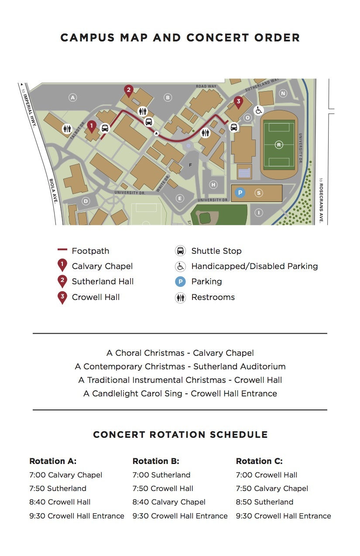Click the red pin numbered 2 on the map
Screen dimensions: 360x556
click(x=128, y=91)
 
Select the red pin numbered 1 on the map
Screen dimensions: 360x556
click(x=92, y=127)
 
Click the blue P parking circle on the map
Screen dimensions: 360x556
click(x=240, y=193)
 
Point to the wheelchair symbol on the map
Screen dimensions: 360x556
click(x=258, y=110)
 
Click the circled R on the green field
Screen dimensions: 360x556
click(x=279, y=145)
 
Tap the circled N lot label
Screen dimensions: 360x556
click(x=283, y=93)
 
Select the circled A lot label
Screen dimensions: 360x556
click(x=72, y=98)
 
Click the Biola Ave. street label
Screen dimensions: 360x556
click(x=53, y=191)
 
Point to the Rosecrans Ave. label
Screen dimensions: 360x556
click(x=321, y=200)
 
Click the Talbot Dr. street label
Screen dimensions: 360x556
click(x=78, y=130)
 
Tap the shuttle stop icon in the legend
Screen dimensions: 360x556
click(x=180, y=251)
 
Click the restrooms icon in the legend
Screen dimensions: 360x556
click(x=180, y=297)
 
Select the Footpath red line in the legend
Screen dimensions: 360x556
click(x=62, y=249)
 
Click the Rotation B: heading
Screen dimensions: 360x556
click(x=156, y=461)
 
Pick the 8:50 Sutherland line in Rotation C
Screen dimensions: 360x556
click(x=264, y=502)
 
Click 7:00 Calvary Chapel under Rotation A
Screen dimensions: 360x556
click(x=66, y=475)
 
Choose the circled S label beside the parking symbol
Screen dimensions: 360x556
click(x=259, y=193)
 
